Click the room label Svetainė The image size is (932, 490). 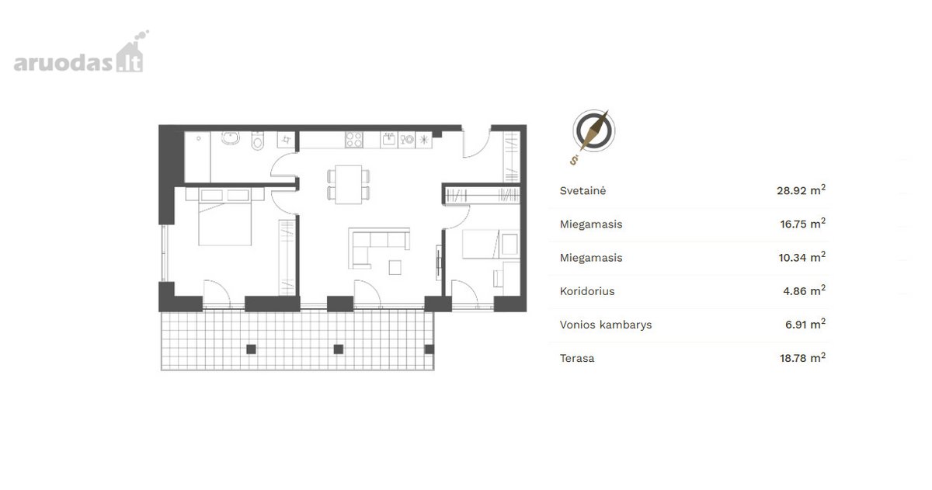click(582, 191)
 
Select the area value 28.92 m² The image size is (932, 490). click(801, 190)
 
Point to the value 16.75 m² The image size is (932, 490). click(802, 224)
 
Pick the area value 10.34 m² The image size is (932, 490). click(802, 257)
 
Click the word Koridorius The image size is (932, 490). click(587, 291)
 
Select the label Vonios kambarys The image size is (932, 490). click(606, 325)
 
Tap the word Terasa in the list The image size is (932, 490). click(577, 358)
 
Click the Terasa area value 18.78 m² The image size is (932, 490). click(802, 358)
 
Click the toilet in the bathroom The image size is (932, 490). click(258, 141)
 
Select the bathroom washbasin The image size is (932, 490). click(230, 137)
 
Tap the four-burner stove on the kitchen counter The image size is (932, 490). click(353, 140)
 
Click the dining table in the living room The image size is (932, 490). click(349, 184)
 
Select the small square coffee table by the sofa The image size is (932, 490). click(395, 267)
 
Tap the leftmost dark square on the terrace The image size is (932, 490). click(251, 349)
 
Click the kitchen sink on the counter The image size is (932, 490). click(389, 140)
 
